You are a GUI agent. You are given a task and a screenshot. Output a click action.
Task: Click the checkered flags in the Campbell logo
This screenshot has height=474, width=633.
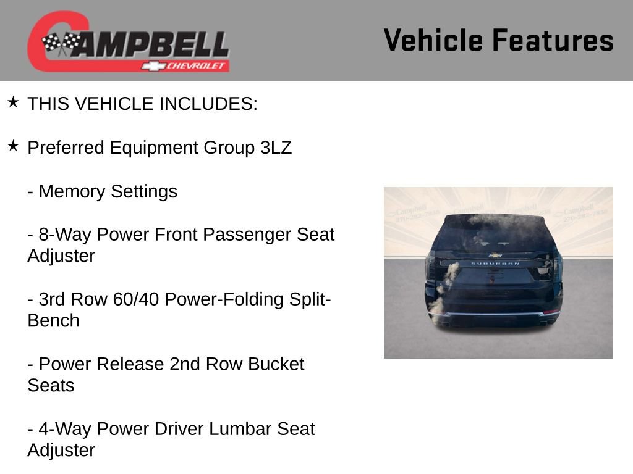click(61, 43)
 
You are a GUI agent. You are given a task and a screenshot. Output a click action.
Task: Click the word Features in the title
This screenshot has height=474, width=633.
click(553, 40)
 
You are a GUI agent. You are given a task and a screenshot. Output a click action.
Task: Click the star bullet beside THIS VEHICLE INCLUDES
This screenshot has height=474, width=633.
click(13, 102)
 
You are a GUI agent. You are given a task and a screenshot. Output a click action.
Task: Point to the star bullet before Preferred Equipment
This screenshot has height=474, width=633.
click(13, 146)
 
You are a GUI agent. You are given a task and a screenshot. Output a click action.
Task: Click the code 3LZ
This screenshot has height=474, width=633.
click(276, 148)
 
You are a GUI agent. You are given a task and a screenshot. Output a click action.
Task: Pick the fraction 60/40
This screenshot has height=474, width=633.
click(136, 299)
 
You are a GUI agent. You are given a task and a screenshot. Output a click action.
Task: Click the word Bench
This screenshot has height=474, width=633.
click(53, 321)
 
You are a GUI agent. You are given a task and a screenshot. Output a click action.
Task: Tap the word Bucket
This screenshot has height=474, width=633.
click(276, 364)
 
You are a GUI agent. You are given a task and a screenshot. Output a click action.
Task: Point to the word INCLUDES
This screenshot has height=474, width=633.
click(208, 104)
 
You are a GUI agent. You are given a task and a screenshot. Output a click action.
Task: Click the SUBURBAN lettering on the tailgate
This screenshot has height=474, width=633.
click(495, 264)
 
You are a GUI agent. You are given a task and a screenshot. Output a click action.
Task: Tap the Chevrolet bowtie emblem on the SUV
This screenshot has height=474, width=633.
click(495, 254)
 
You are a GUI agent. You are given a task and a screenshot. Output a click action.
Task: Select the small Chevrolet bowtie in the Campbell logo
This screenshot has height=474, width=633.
click(152, 66)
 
